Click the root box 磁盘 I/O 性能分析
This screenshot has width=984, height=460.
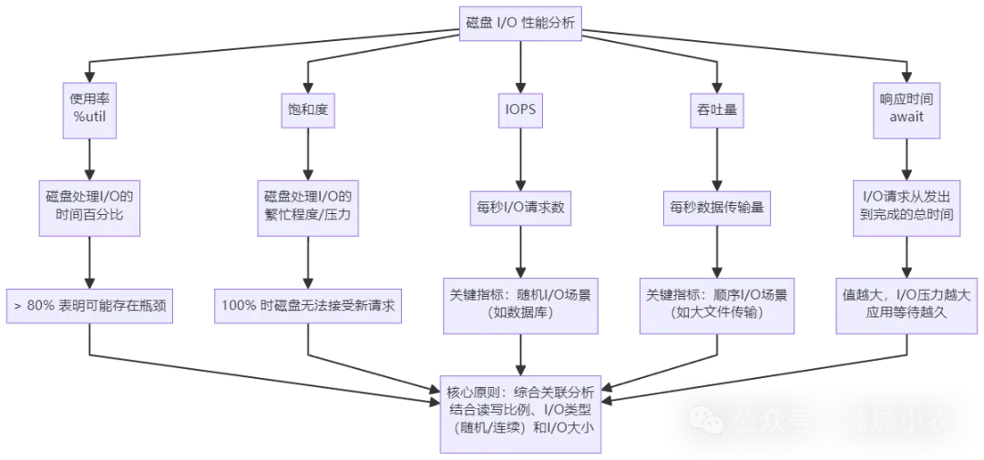click(520, 24)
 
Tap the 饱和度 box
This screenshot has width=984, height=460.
click(307, 108)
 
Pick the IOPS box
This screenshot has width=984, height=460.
click(520, 108)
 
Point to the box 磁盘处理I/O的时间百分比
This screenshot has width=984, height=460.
click(89, 207)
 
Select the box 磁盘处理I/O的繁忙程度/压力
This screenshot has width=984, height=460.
click(307, 207)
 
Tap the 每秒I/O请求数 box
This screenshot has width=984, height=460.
click(520, 207)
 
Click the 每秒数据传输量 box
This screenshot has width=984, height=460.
click(711, 207)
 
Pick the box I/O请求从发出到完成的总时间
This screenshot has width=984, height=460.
click(906, 207)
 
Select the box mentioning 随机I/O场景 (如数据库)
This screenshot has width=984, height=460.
click(520, 304)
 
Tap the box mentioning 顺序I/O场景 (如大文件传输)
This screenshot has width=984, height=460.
click(711, 304)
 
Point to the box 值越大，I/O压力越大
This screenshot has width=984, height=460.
click(906, 304)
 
